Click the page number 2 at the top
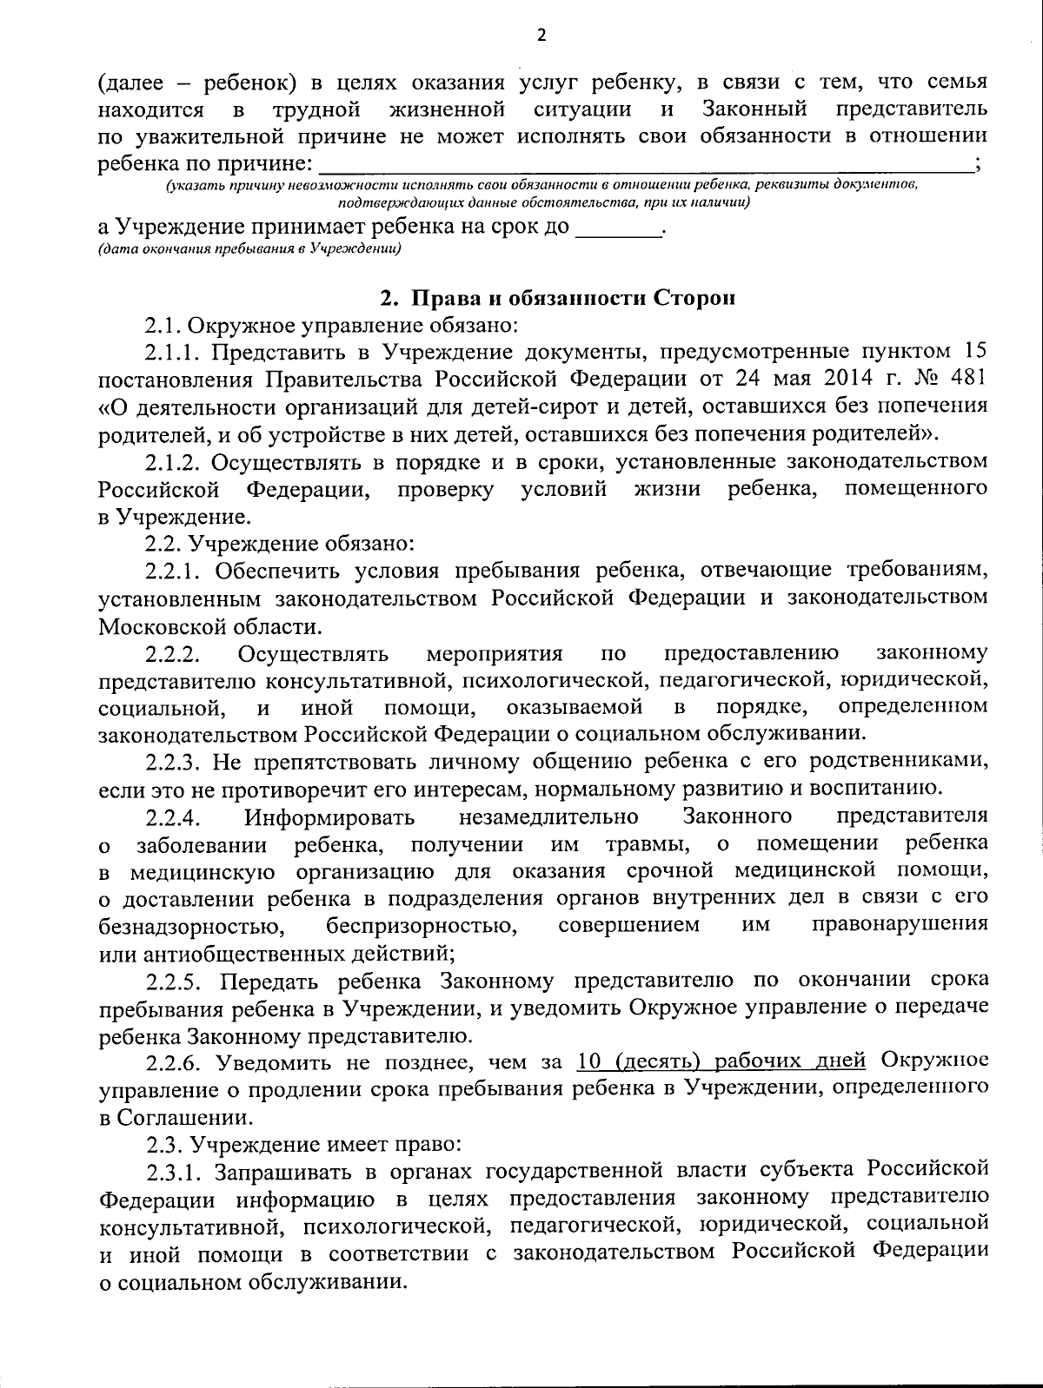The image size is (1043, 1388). [x=541, y=36]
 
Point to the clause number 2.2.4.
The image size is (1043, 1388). [x=174, y=817]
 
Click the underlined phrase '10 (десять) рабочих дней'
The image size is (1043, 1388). [x=721, y=1061]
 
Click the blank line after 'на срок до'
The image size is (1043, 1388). [x=618, y=229]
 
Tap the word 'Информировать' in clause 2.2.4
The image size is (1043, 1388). [x=329, y=817]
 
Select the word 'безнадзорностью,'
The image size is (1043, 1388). [x=192, y=925]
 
